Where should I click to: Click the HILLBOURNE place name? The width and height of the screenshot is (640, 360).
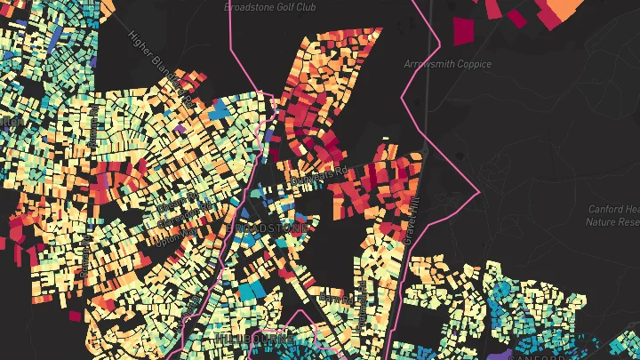(x=254, y=339)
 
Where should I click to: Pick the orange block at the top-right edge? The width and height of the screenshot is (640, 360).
(x=560, y=9)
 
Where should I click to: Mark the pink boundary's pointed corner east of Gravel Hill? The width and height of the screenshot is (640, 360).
(x=479, y=191)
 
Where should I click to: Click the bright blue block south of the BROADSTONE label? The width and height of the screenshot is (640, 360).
(x=252, y=290)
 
